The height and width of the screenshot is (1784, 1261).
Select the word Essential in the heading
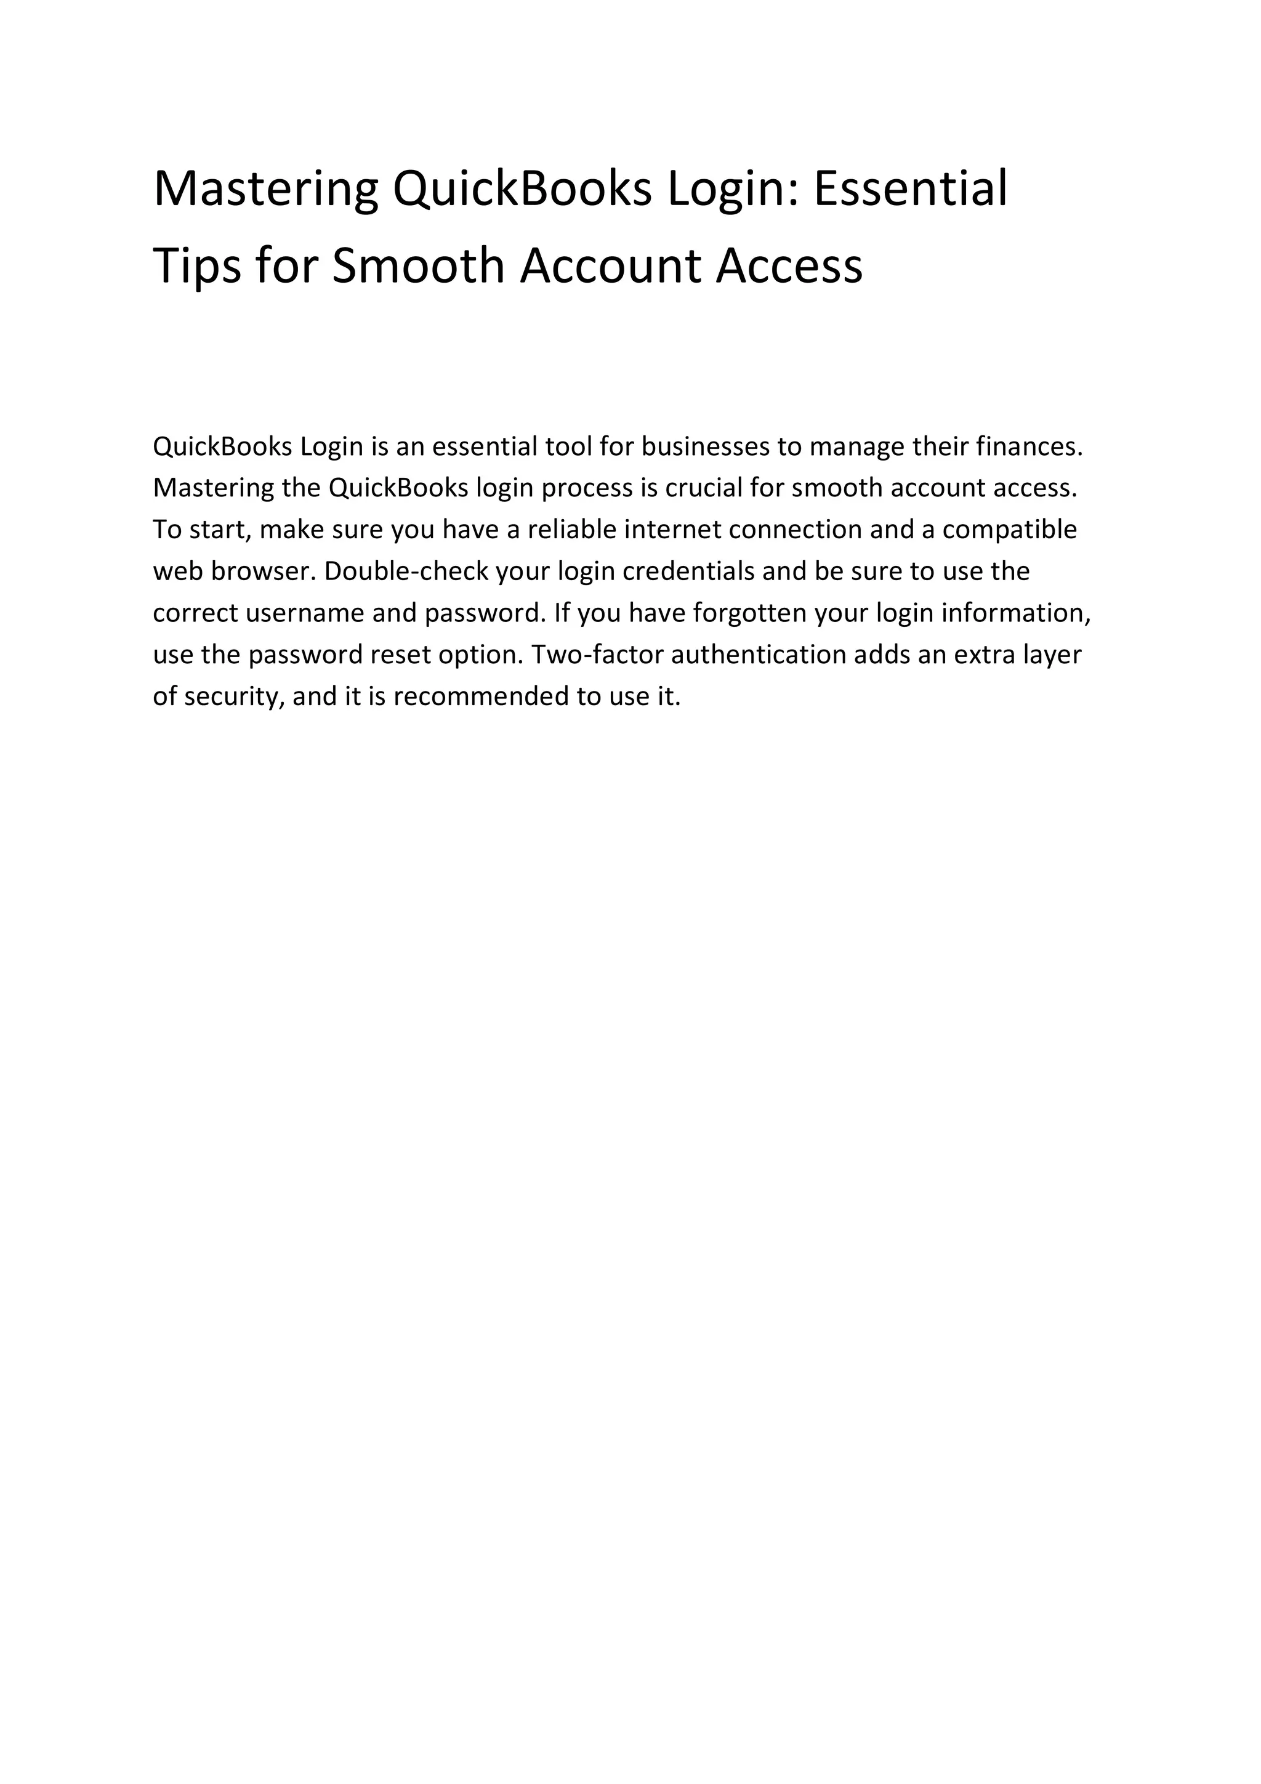(x=910, y=189)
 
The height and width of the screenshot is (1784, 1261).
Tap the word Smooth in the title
(x=419, y=267)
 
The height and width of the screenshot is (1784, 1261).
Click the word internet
(x=673, y=530)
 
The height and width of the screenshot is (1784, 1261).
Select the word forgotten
(x=748, y=614)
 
